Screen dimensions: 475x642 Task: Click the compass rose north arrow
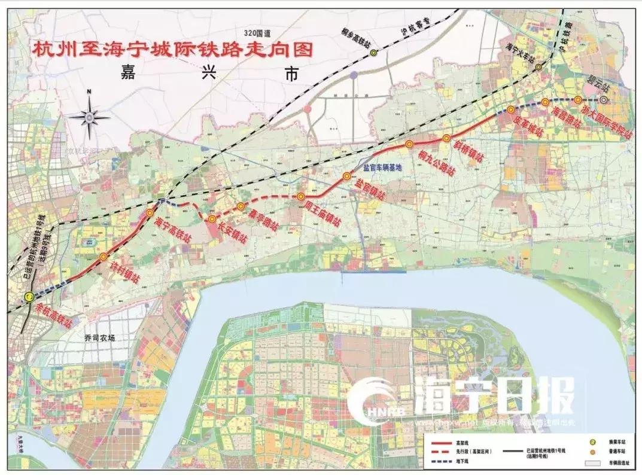pyautogui.click(x=89, y=117)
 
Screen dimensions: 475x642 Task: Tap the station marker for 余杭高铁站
pyautogui.click(x=28, y=297)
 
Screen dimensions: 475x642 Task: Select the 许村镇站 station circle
pyautogui.click(x=104, y=257)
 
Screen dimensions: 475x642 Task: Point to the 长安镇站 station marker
pyautogui.click(x=212, y=220)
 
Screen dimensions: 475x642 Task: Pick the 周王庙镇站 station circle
pyautogui.click(x=301, y=197)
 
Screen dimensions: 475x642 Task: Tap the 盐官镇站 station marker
pyautogui.click(x=346, y=176)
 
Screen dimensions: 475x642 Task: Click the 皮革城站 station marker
pyautogui.click(x=510, y=109)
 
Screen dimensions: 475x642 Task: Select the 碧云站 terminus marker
pyautogui.click(x=604, y=100)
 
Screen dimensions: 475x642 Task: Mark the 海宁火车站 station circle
pyautogui.click(x=538, y=67)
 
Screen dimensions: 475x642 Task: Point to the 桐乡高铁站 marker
pyautogui.click(x=373, y=53)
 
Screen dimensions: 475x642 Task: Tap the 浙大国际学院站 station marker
pyautogui.click(x=578, y=100)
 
